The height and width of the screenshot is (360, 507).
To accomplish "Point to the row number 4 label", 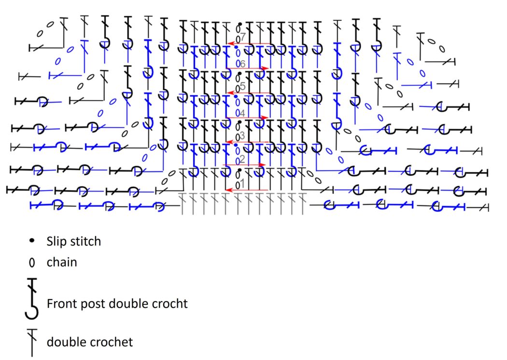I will coord(242,112).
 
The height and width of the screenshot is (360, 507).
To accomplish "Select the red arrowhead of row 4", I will coord(265,117).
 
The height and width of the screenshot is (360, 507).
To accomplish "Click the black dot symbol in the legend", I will coord(32,240).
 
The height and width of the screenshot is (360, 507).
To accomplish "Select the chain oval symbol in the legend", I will coord(32,263).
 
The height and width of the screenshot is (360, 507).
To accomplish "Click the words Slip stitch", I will coord(73,241).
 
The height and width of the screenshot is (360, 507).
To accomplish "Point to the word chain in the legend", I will coord(61,263).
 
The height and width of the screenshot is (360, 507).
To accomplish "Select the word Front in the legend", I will coord(60,304).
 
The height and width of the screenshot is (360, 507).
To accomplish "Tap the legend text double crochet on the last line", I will coord(89,342).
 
